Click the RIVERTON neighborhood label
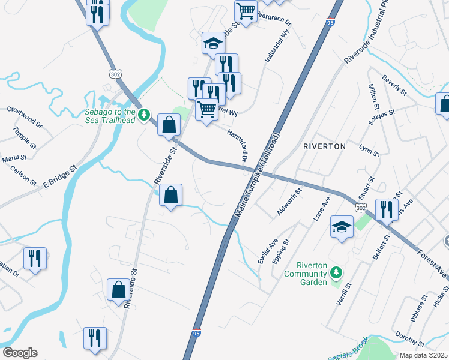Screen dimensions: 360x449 pos(324,146)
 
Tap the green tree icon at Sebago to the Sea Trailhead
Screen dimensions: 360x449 pos(143,114)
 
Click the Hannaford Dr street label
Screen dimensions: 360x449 pos(237,145)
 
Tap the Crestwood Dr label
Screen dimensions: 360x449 pos(25,118)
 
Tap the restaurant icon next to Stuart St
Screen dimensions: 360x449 pos(386,209)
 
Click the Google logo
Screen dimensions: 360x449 pos(20,353)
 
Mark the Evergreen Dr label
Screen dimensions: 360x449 pos(273,18)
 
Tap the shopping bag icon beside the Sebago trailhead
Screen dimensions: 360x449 pos(169,125)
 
